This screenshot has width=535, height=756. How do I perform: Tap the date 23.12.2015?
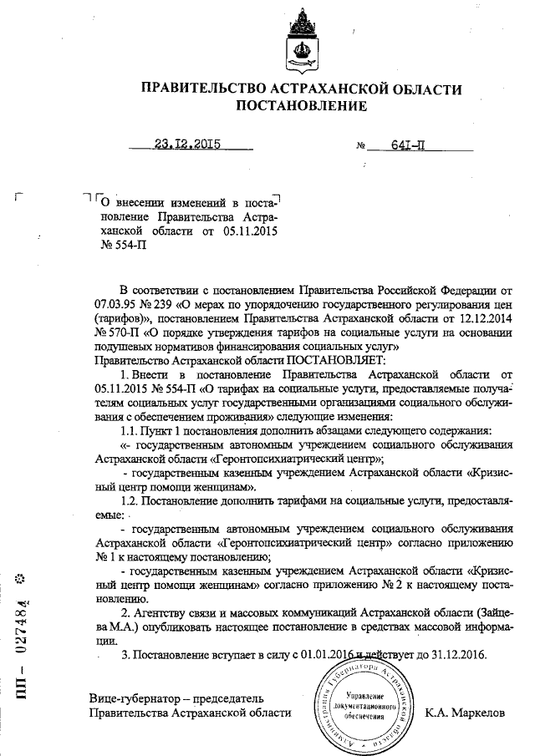tap(186, 143)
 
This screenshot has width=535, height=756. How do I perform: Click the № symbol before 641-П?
tap(362, 145)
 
